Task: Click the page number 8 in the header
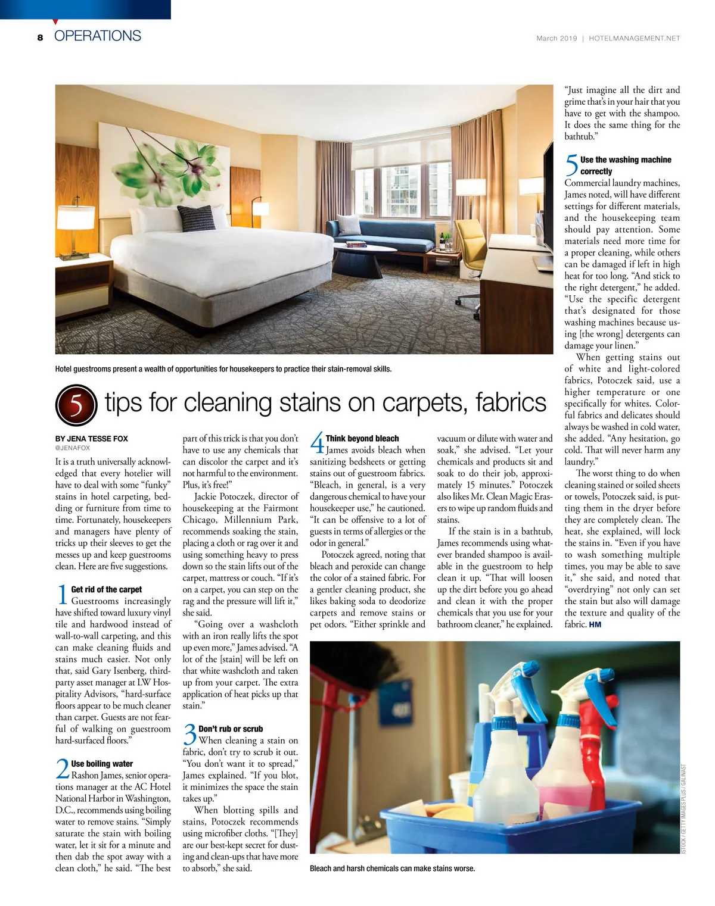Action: pos(40,38)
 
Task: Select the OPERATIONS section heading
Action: pos(98,36)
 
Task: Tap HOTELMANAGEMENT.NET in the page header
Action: pos(634,38)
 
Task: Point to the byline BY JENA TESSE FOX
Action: pos(92,439)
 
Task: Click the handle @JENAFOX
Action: pos(73,448)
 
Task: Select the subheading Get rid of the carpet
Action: pos(106,589)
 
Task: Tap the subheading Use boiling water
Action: pos(102,764)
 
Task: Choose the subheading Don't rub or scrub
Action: pos(231,729)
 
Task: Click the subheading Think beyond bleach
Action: pos(362,439)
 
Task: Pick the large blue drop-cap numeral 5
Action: pos(571,165)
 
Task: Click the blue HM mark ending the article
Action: pos(595,624)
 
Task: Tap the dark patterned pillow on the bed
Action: pos(197,218)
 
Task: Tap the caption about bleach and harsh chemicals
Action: pos(392,868)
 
